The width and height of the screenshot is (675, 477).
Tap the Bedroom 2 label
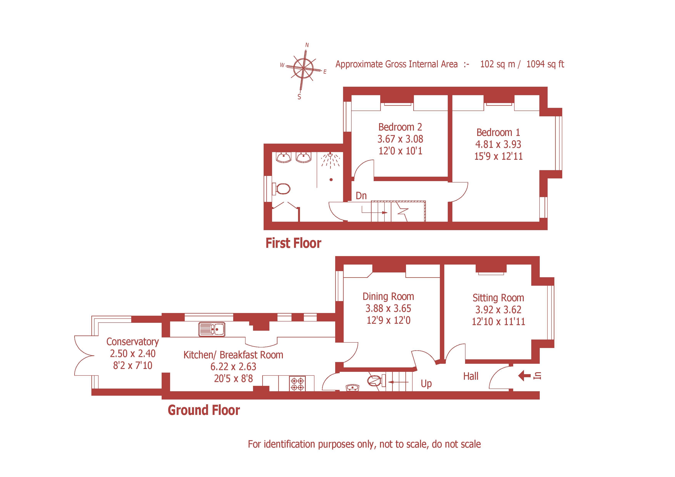[400, 127]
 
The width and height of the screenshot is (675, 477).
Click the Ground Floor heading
[204, 410]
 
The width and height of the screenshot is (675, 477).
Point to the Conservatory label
[132, 342]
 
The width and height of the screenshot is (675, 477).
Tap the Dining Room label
[388, 297]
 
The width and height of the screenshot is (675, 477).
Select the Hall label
[471, 376]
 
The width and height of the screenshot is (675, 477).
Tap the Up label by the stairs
[426, 384]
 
